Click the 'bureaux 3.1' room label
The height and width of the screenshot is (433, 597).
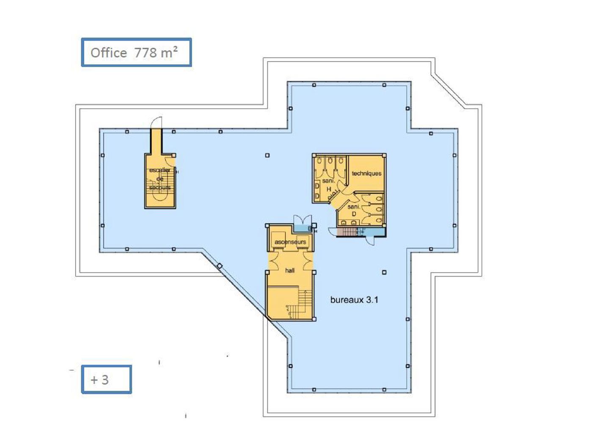coord(354,300)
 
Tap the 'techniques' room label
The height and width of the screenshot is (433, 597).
coord(366,173)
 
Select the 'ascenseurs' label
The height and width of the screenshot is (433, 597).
coord(290,242)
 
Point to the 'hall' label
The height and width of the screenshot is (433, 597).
coord(290,270)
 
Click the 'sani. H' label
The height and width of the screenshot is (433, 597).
coord(329,185)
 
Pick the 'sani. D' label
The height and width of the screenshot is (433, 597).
coord(354,210)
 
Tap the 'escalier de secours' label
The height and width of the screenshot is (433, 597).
coord(160,179)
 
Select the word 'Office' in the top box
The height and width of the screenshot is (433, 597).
coord(109,53)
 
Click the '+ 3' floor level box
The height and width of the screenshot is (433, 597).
coord(106,379)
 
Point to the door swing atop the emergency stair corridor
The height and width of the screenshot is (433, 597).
coord(157,122)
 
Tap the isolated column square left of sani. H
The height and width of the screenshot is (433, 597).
coord(267,156)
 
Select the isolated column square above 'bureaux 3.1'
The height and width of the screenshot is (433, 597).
coord(384,272)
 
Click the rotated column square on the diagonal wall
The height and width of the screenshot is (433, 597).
coord(219,266)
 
